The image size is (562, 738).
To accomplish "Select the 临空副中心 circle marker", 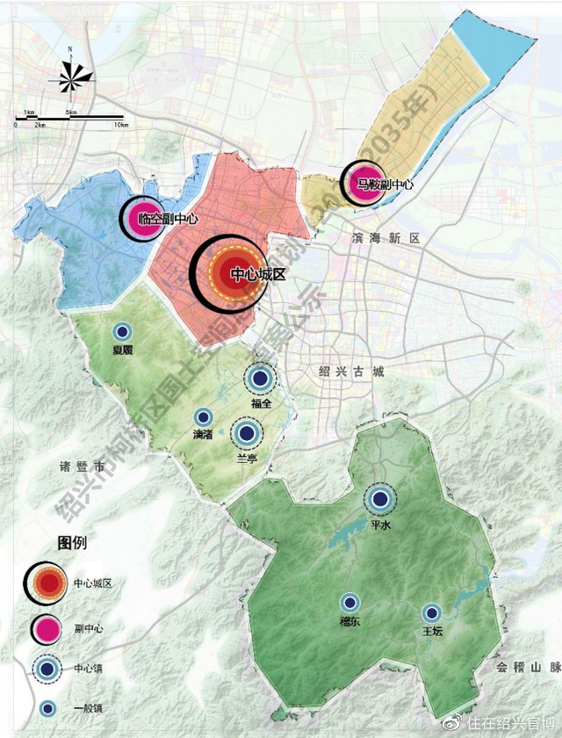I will click(x=141, y=220).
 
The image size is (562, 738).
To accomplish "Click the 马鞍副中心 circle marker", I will click(x=362, y=184).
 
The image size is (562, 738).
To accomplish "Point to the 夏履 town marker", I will click(x=122, y=332).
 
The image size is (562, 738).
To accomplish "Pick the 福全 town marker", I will click(x=259, y=379).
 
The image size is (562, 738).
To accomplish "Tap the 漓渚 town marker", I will click(x=203, y=417).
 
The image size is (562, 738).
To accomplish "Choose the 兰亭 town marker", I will click(x=247, y=433).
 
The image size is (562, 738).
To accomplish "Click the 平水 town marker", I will click(x=380, y=499).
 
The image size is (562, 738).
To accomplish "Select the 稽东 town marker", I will click(x=349, y=603).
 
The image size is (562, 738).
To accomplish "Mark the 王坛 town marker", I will click(x=430, y=613).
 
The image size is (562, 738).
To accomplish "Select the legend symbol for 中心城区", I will click(x=48, y=582).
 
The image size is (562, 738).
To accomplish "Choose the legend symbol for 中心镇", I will click(x=48, y=669).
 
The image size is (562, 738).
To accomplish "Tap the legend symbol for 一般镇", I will click(x=48, y=708).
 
